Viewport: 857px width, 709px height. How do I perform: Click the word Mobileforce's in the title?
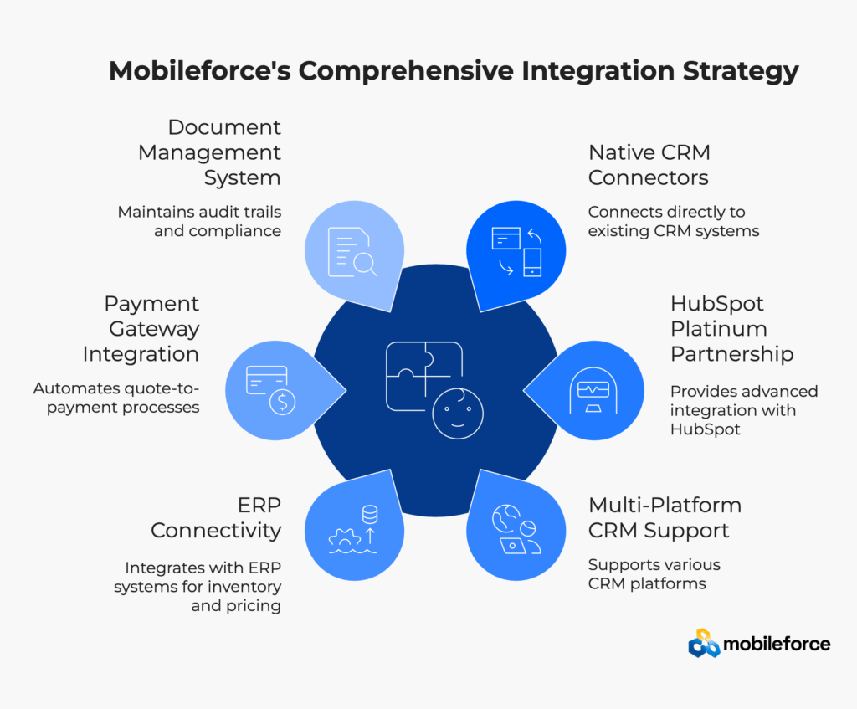pos(199,71)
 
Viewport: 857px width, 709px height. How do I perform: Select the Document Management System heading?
pos(210,152)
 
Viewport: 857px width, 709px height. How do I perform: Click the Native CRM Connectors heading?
pos(649,165)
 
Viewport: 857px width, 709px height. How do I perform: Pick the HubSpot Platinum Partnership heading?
pos(731,329)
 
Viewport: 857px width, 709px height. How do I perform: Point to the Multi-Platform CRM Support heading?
pos(665,517)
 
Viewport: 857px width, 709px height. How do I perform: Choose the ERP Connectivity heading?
pos(216,517)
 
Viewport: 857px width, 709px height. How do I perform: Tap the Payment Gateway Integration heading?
pos(141,329)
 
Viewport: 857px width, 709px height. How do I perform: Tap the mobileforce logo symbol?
pos(704,643)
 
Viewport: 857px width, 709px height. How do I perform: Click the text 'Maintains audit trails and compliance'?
pos(199,222)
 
